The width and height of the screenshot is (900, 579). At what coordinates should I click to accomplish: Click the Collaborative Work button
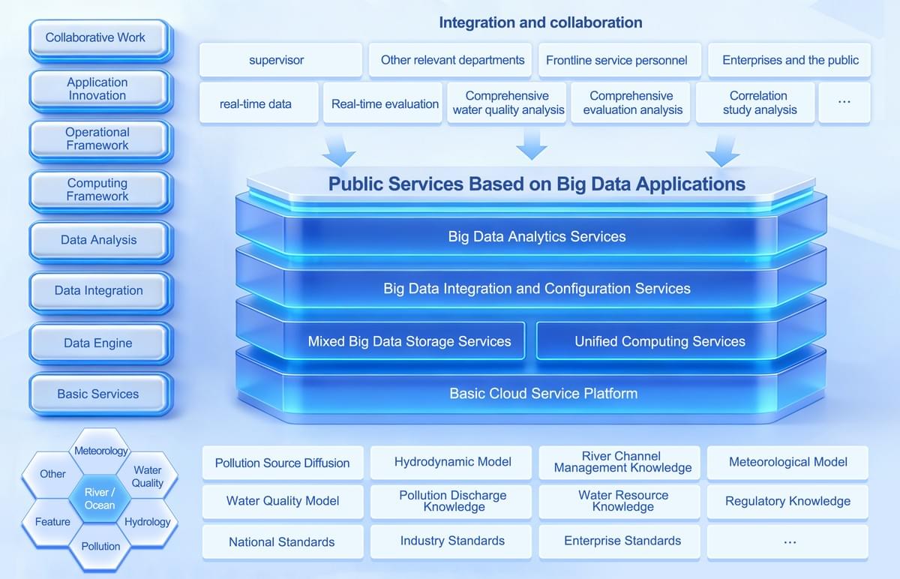(98, 37)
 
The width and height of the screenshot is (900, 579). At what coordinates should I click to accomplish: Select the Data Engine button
(98, 343)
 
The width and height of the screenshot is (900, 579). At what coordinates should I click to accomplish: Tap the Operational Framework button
(98, 139)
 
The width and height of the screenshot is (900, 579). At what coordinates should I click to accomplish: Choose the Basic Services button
(98, 394)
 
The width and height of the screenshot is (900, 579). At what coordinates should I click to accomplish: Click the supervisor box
(277, 60)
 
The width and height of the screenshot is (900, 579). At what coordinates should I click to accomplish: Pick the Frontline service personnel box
(616, 60)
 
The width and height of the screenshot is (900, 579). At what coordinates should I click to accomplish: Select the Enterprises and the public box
(790, 60)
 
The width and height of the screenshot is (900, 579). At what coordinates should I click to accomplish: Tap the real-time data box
(256, 103)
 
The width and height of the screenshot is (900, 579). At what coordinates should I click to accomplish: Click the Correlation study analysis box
(758, 103)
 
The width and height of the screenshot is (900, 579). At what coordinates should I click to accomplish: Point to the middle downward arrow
(532, 142)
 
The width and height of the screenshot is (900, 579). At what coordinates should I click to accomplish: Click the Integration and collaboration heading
(540, 22)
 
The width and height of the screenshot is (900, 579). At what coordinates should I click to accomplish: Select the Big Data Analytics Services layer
(536, 237)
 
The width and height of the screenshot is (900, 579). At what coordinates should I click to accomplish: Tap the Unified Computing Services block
(659, 342)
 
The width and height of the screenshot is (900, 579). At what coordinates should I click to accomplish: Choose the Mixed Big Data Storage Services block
(409, 342)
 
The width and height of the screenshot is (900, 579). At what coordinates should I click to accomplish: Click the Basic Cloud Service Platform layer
(543, 393)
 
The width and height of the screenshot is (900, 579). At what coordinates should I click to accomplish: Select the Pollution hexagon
(100, 546)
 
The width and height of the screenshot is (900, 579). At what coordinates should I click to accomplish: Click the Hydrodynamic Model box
(452, 462)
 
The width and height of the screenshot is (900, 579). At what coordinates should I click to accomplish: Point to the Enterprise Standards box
(622, 541)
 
